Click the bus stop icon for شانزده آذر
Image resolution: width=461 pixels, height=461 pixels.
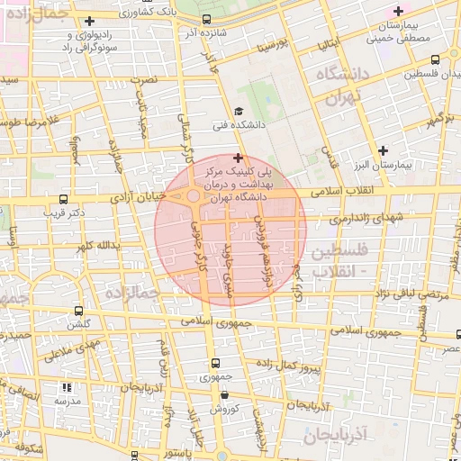[207, 19]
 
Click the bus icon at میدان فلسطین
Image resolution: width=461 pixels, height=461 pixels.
[411, 72]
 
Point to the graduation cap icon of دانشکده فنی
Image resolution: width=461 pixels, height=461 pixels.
[239, 112]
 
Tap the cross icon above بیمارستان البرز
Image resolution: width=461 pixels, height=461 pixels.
[384, 149]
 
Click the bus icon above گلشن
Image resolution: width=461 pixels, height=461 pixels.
[78, 311]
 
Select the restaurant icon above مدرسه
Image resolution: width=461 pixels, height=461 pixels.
[66, 387]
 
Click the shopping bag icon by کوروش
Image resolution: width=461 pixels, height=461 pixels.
[223, 394]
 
